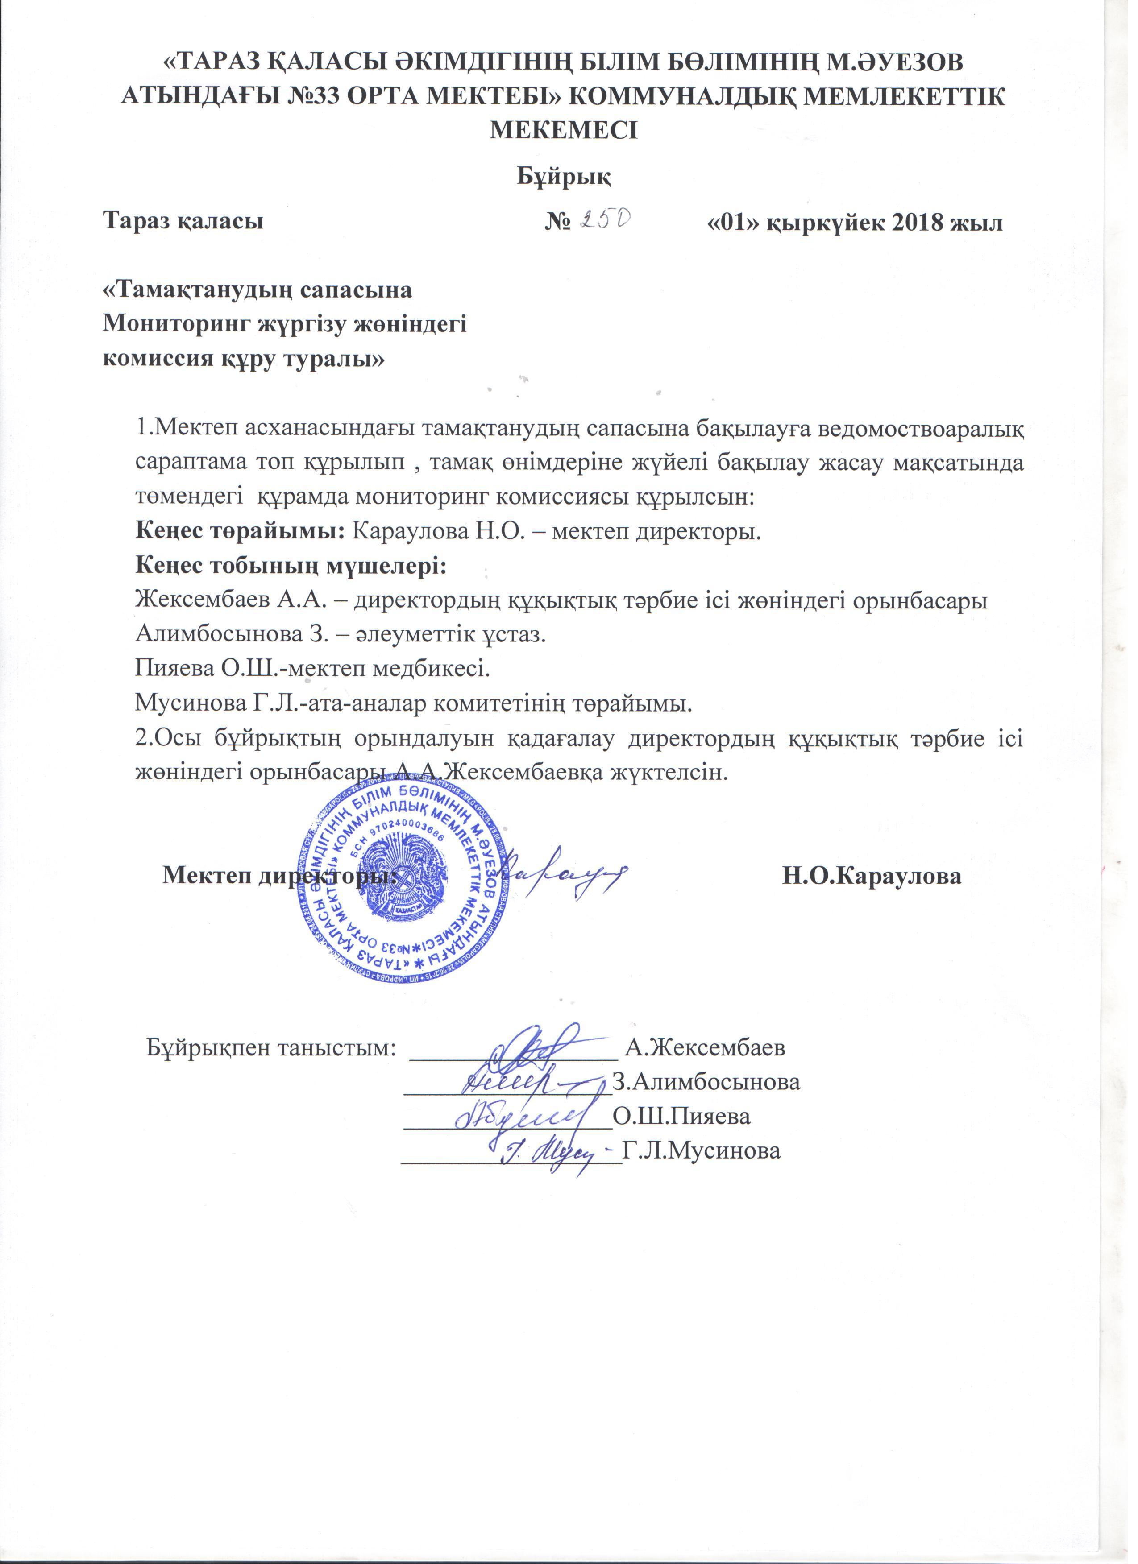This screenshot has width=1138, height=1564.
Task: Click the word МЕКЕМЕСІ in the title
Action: coord(564,130)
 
